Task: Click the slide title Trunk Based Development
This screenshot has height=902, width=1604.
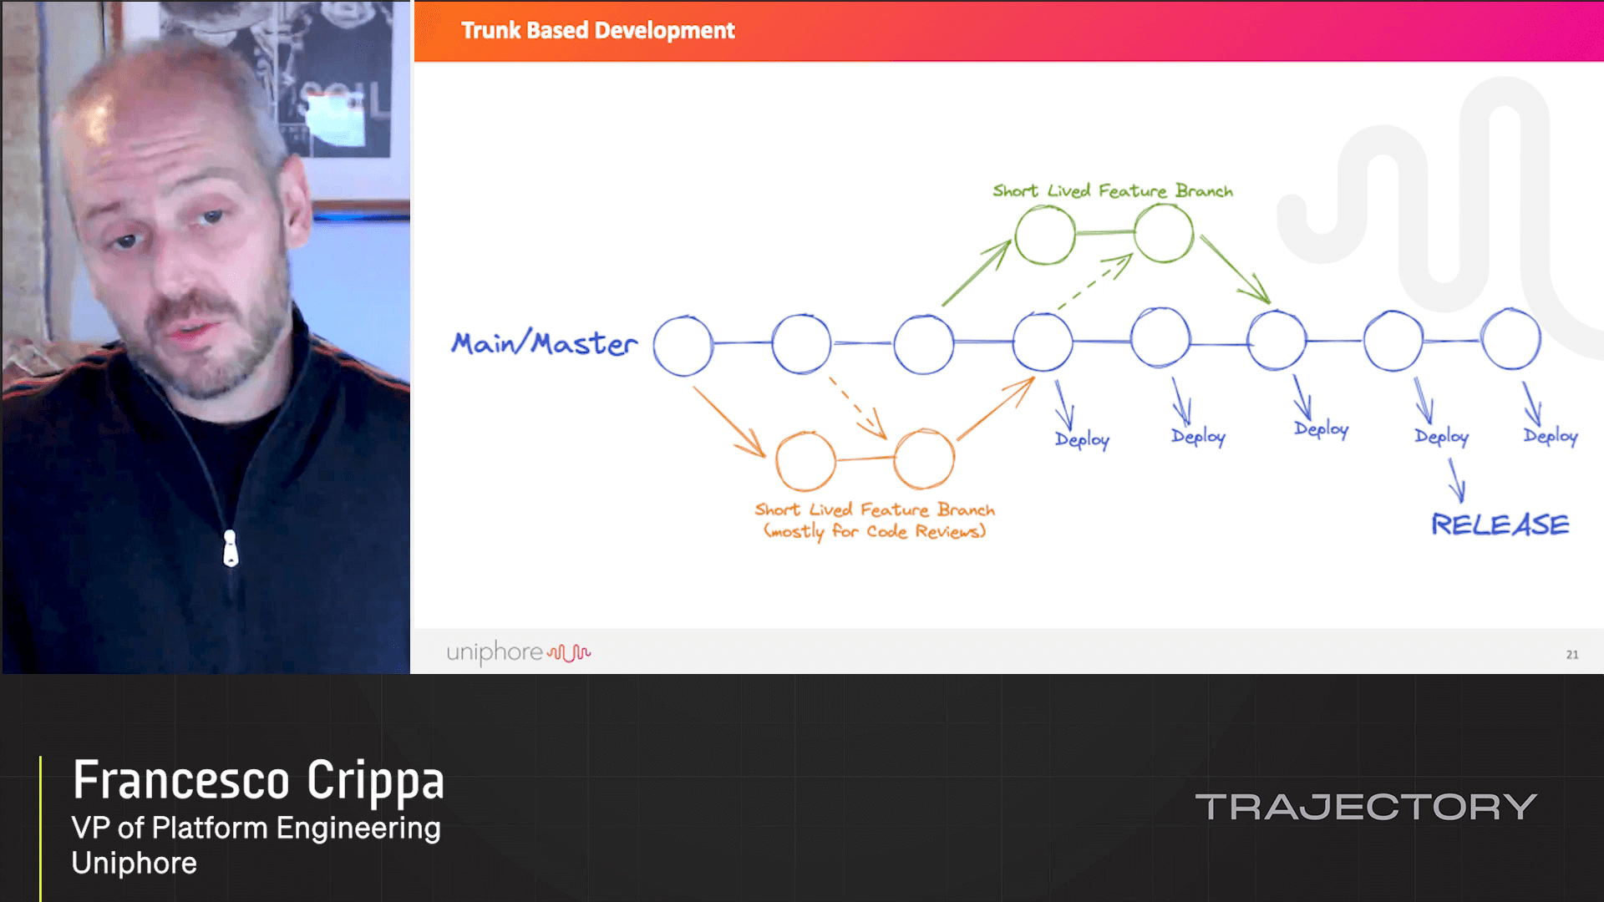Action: click(x=597, y=31)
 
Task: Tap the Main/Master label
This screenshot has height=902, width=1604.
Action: click(x=544, y=343)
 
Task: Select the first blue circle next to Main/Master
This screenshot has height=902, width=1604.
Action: click(x=683, y=345)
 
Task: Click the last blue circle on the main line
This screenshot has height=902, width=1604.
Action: click(x=1510, y=339)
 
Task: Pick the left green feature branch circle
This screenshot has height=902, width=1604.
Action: click(x=1045, y=236)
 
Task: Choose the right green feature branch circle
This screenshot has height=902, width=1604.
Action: click(x=1164, y=234)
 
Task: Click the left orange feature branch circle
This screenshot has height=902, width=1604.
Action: click(x=805, y=460)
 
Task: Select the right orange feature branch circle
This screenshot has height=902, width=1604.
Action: click(x=924, y=459)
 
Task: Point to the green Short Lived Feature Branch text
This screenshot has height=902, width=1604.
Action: click(x=1112, y=191)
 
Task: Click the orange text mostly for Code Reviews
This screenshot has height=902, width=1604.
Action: click(x=875, y=531)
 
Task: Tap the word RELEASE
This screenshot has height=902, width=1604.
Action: click(x=1500, y=524)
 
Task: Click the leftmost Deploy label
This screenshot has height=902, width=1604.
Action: click(x=1082, y=439)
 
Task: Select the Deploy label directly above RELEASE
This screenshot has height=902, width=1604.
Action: click(x=1441, y=436)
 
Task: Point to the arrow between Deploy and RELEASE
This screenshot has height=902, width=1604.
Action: click(x=1457, y=481)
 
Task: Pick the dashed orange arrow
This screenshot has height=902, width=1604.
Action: click(x=857, y=408)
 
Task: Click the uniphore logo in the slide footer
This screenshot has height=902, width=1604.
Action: click(x=518, y=652)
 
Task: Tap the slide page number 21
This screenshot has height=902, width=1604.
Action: click(x=1571, y=655)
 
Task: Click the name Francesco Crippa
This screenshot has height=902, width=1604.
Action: click(x=258, y=780)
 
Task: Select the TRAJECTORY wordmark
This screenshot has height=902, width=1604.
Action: click(x=1366, y=807)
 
